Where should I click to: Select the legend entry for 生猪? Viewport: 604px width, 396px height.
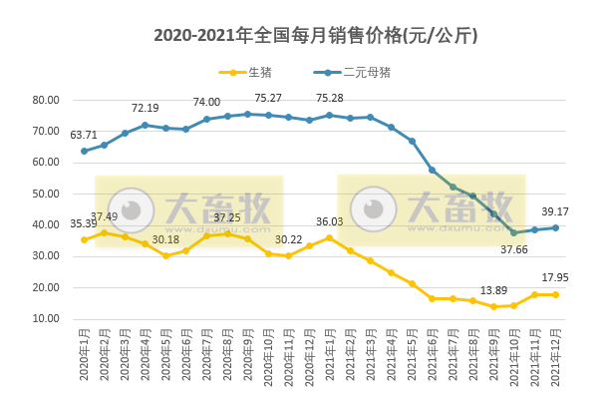[x=251, y=73]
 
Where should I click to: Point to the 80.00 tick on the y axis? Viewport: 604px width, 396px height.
[x=46, y=100]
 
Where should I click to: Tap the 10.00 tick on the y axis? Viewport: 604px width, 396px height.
[x=46, y=319]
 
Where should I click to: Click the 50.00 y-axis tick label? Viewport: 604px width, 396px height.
[x=46, y=194]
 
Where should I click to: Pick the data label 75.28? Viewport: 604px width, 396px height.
[x=330, y=98]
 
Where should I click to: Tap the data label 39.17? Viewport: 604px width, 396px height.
[x=554, y=211]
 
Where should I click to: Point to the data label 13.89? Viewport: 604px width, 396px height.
[x=493, y=290]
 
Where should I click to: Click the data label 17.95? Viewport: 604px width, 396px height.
[x=554, y=278]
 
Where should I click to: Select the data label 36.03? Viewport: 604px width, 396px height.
[x=330, y=222]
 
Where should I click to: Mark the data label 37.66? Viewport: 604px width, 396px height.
[x=513, y=249]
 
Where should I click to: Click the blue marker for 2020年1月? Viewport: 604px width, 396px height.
[x=84, y=152]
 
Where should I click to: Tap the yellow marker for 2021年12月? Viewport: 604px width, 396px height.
[x=554, y=294]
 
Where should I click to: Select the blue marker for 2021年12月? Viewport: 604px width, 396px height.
[x=554, y=227]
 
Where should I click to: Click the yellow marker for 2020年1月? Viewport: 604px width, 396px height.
[x=84, y=239]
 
